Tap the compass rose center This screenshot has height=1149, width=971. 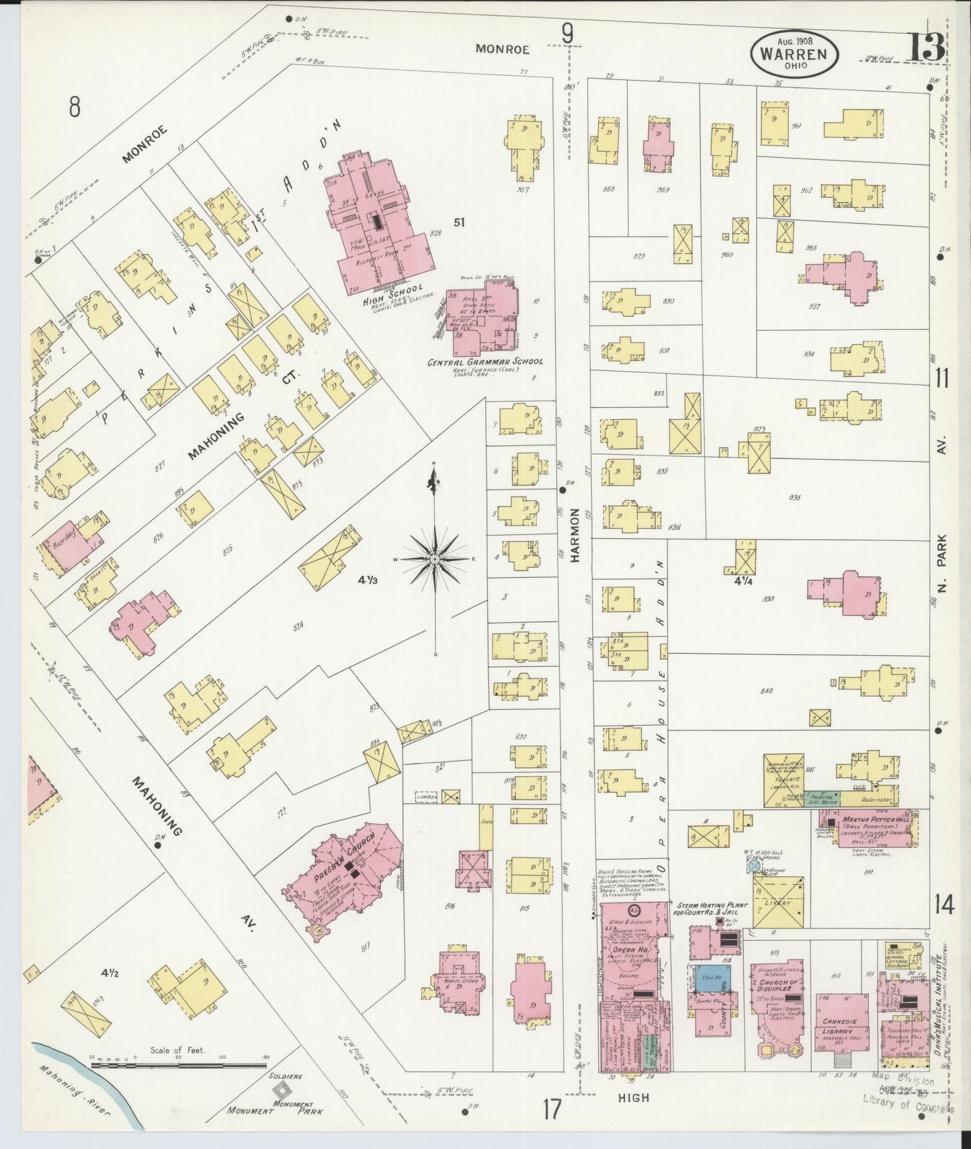click(x=435, y=558)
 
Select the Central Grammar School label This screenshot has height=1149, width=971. click(x=485, y=361)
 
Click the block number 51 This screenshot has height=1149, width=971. click(x=460, y=222)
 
